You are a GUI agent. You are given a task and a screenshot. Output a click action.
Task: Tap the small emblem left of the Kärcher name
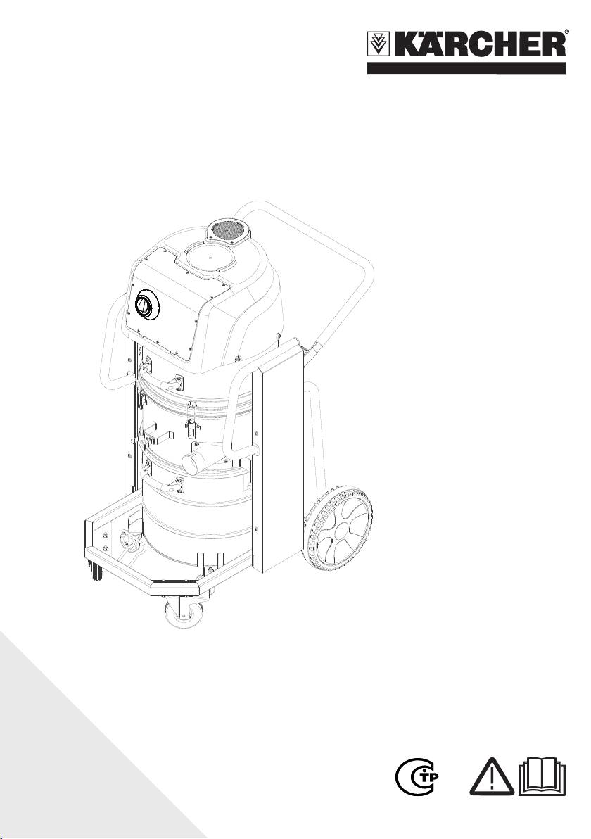[379, 44]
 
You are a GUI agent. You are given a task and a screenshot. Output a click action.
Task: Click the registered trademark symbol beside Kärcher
[567, 32]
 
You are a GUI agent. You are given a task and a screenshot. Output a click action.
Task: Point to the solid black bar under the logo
[466, 68]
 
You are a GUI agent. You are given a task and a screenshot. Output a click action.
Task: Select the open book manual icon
[542, 776]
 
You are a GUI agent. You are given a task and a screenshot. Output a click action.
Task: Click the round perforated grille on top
[227, 231]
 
